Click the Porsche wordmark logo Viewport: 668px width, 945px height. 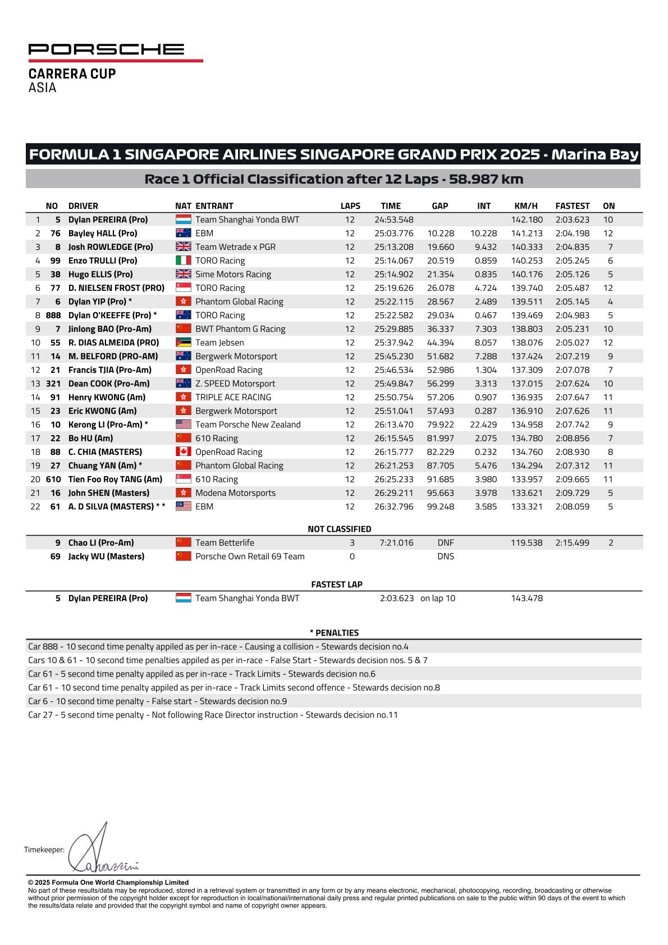106,49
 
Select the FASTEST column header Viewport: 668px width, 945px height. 572,206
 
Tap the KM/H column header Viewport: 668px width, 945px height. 526,206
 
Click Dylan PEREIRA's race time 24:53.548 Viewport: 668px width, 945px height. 394,220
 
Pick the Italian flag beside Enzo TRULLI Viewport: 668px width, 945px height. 184,261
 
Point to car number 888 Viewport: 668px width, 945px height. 52,316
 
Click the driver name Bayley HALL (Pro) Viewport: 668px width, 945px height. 103,234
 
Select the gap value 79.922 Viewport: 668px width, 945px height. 440,424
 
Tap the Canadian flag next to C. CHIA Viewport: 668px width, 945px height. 184,452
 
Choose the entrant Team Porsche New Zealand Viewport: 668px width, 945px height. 248,424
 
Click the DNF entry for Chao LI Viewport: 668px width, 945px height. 445,543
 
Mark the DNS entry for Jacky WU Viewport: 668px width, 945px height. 445,556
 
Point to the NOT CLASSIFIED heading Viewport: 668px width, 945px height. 339,529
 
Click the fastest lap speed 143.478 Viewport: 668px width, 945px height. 527,599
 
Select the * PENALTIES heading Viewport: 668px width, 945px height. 334,633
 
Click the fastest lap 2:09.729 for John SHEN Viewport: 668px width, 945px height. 572,493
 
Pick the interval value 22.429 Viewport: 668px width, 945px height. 483,424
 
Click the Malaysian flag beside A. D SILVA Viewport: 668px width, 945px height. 184,506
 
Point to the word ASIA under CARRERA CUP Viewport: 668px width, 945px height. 43,88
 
